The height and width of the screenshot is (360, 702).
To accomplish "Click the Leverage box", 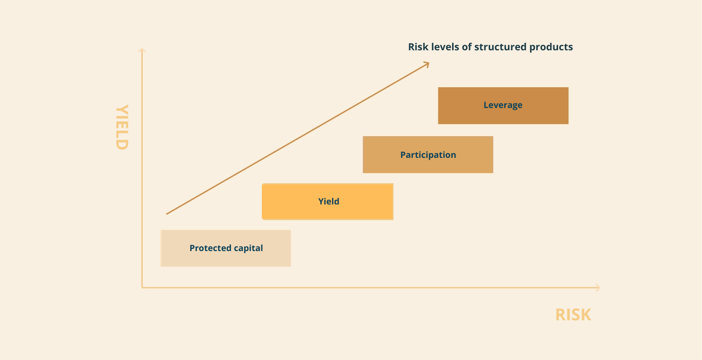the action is pyautogui.click(x=503, y=106).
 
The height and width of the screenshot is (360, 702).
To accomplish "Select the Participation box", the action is pyautogui.click(x=428, y=155).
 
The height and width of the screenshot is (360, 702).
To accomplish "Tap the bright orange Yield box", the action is pyautogui.click(x=327, y=202).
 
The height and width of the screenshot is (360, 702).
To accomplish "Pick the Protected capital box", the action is pyautogui.click(x=226, y=248).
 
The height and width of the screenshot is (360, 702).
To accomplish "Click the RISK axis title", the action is pyautogui.click(x=573, y=315).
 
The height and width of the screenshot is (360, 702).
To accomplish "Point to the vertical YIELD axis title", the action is pyautogui.click(x=122, y=127).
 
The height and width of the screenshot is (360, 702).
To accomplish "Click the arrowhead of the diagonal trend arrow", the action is pyautogui.click(x=427, y=64).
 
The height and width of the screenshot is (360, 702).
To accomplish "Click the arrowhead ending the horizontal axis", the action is pyautogui.click(x=598, y=288).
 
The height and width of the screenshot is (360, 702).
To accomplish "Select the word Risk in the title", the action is pyautogui.click(x=418, y=47).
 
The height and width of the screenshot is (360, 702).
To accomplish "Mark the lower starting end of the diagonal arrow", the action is pyautogui.click(x=166, y=214).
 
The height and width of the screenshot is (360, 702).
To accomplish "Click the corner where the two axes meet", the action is pyautogui.click(x=142, y=288).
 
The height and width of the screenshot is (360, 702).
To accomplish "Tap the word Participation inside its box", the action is pyautogui.click(x=428, y=155).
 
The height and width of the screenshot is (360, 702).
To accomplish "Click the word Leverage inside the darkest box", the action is pyautogui.click(x=502, y=105).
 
